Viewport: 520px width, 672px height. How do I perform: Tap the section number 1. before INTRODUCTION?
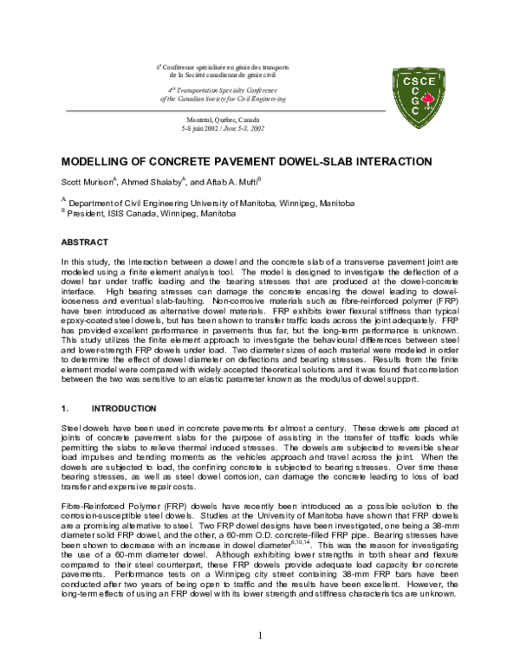pyautogui.click(x=65, y=407)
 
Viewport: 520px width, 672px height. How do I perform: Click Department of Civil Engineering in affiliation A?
pyautogui.click(x=130, y=203)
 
